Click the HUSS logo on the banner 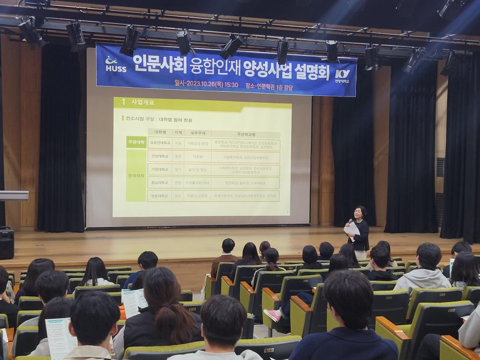(x=115, y=64)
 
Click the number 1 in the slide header (x=123, y=102)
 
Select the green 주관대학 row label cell (x=136, y=142)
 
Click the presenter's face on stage (x=359, y=213)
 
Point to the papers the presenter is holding (x=353, y=229)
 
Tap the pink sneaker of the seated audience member (x=272, y=315)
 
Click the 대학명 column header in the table (x=160, y=133)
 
